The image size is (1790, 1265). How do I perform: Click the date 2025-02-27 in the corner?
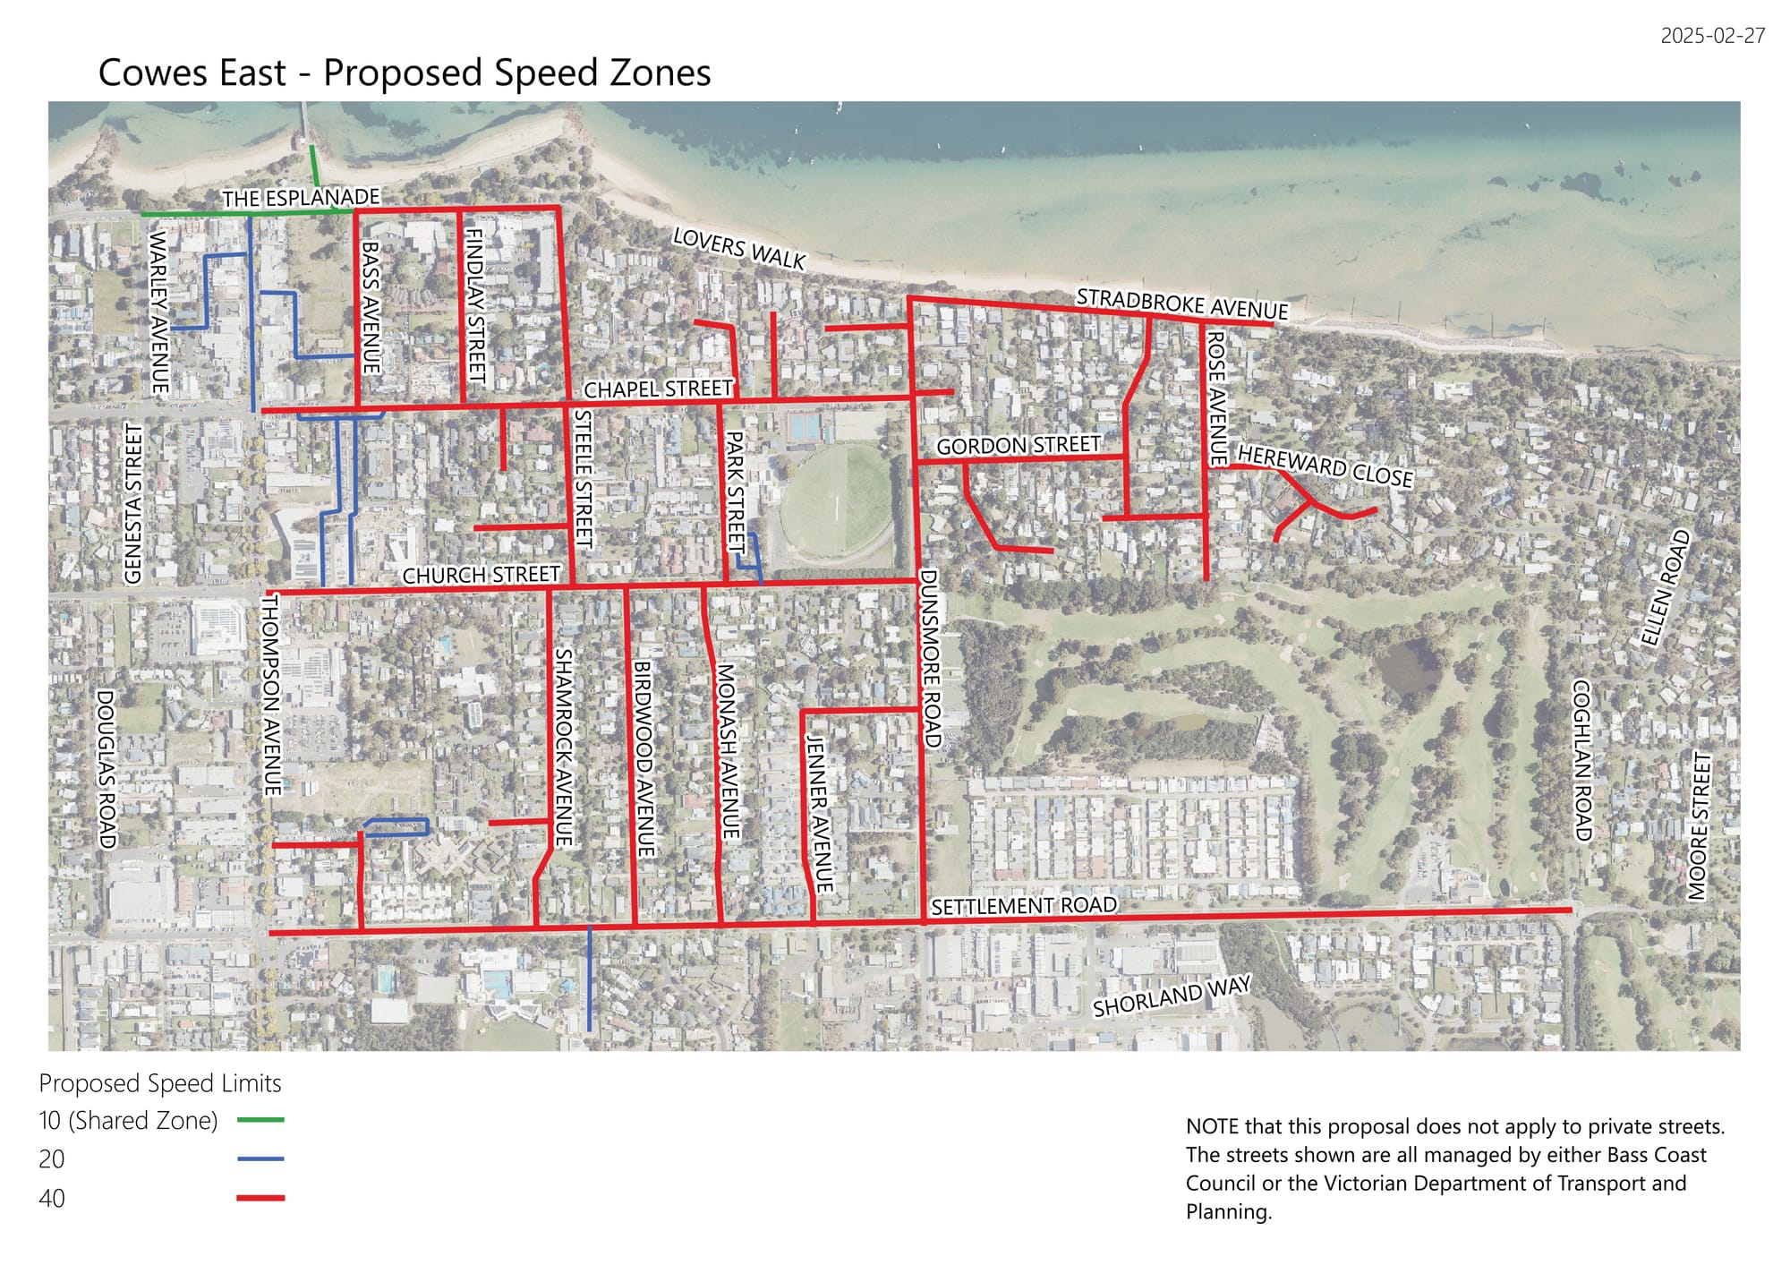tap(1712, 36)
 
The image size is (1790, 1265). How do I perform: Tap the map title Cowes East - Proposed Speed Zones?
tap(404, 73)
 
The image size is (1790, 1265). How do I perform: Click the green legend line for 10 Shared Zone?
tap(260, 1119)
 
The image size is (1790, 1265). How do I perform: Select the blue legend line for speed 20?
tap(260, 1158)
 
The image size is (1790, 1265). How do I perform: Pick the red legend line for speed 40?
tap(260, 1197)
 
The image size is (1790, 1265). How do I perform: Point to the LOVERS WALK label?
tap(739, 248)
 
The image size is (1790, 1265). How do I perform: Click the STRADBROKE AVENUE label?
tap(1181, 303)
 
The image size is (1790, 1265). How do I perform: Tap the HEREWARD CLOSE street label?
tap(1325, 466)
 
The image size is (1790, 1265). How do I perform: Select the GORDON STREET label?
tap(1018, 445)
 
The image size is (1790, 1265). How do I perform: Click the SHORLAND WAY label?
tap(1171, 996)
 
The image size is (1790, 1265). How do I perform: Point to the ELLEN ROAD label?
tap(1665, 588)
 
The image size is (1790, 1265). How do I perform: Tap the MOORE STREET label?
tap(1699, 825)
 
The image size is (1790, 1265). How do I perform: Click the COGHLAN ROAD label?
tap(1582, 760)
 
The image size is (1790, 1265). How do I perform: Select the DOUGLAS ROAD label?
tap(107, 768)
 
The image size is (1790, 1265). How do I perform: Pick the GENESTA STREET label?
tap(133, 503)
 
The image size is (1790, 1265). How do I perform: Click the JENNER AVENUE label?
tap(819, 813)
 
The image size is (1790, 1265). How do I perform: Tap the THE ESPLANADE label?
tap(301, 197)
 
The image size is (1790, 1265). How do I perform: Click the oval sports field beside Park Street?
tap(835, 500)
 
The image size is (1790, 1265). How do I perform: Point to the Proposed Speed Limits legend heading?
tap(159, 1083)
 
